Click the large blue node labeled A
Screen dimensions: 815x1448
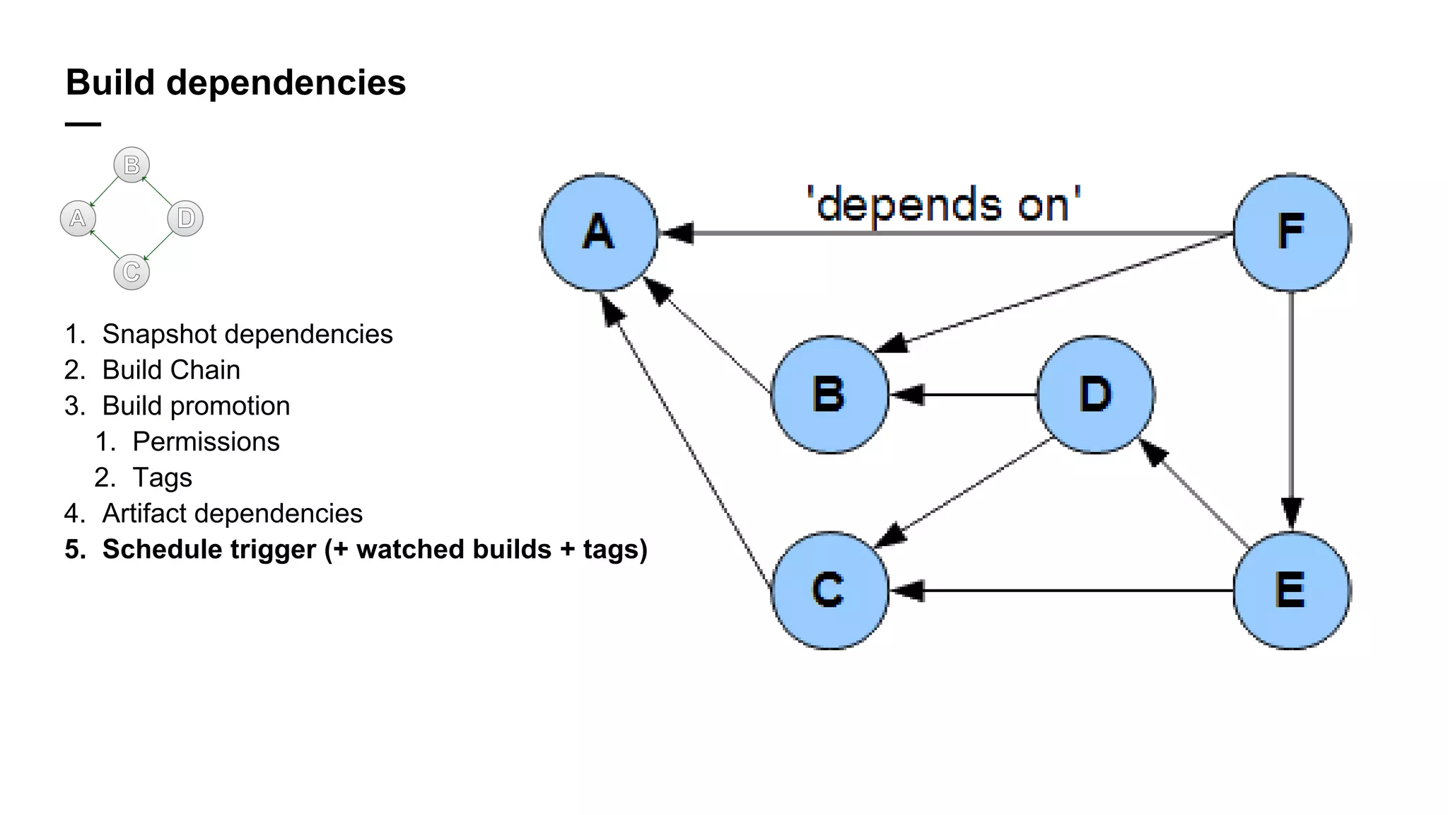tap(599, 233)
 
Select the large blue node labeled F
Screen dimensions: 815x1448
tap(1291, 233)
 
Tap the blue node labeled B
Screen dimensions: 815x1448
tap(829, 394)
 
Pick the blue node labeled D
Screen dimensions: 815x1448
tap(1095, 394)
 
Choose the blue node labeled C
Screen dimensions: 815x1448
tap(829, 590)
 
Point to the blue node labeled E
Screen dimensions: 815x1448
tap(1291, 590)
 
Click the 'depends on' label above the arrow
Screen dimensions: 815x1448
tap(944, 205)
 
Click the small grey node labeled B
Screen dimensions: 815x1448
tap(132, 165)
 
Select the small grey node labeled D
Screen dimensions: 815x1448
tap(185, 218)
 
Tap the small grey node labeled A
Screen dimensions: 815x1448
tap(78, 218)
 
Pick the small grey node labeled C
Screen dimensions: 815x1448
tap(132, 272)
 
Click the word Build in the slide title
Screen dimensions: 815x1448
tap(110, 83)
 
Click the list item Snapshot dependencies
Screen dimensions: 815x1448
tap(247, 334)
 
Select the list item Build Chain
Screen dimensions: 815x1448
tap(171, 370)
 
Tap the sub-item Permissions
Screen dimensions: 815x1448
tap(206, 441)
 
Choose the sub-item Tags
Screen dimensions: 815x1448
tap(162, 478)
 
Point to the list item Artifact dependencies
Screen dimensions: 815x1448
tap(232, 514)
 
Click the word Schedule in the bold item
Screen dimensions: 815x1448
tap(159, 550)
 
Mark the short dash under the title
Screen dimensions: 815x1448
tap(83, 125)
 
